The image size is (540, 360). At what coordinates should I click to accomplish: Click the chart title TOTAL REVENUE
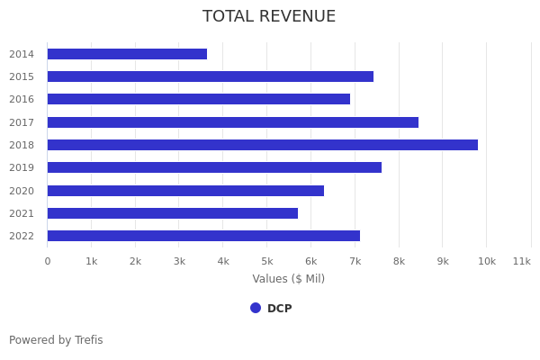click(269, 16)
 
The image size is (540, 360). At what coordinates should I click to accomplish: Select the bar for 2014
click(127, 54)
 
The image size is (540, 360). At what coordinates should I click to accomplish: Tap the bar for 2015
click(210, 76)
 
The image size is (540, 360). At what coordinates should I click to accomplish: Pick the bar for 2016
click(198, 99)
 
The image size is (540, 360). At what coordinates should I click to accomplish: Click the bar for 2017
click(232, 122)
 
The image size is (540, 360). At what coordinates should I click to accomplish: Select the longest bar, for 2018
click(262, 145)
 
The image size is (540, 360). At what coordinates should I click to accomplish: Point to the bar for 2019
click(214, 167)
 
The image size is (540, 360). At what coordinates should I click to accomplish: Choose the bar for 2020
click(185, 191)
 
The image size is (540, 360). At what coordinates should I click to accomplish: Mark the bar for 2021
click(172, 213)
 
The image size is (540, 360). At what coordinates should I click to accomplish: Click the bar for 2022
click(203, 236)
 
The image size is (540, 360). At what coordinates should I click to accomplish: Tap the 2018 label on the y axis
click(22, 145)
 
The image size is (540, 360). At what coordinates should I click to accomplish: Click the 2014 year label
click(22, 54)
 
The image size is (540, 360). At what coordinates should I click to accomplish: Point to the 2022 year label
click(22, 236)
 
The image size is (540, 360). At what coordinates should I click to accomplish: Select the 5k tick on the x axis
click(266, 261)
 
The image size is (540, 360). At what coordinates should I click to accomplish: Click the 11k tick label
click(521, 261)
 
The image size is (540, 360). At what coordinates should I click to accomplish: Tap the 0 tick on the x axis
click(48, 261)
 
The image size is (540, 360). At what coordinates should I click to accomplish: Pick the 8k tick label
click(399, 261)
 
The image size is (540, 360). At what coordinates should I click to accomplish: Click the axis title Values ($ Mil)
click(288, 279)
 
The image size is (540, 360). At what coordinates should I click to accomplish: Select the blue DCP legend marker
click(256, 308)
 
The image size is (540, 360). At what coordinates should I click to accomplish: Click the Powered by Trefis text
click(56, 340)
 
